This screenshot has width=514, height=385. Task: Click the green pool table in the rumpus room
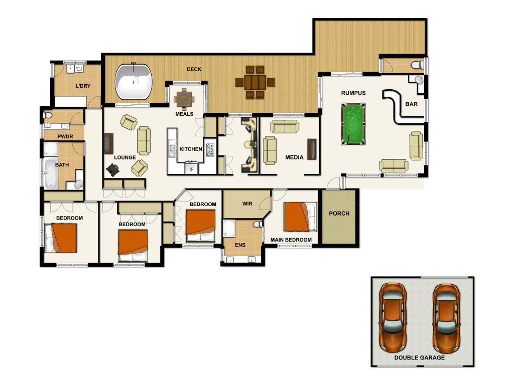[353, 123]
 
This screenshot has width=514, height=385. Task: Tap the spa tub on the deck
[134, 82]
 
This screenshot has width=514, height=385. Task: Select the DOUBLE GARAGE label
[419, 357]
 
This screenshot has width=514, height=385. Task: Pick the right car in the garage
[446, 317]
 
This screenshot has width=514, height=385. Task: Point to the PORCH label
[339, 213]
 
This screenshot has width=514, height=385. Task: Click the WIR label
[247, 204]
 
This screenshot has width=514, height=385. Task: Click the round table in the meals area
[184, 98]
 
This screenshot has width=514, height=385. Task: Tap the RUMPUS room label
[353, 93]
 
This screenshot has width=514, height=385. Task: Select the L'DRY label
[83, 86]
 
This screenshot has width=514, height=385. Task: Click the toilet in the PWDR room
[48, 116]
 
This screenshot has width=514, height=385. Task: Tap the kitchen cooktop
[210, 149]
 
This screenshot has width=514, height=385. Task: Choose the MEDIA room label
[294, 157]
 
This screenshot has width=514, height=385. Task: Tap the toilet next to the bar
[415, 65]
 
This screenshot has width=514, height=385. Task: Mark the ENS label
[240, 245]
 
